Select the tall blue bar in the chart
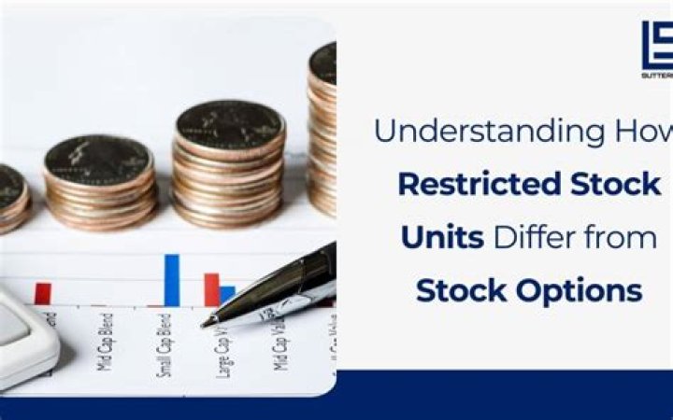171,279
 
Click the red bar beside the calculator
43,293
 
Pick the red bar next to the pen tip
211,289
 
